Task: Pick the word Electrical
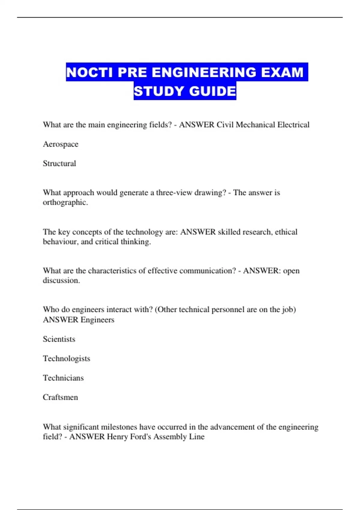tap(293, 125)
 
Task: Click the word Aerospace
tap(61, 144)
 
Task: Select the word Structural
tap(59, 163)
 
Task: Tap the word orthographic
tap(65, 202)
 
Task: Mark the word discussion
tap(61, 280)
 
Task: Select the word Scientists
tap(59, 339)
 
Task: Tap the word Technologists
tap(66, 358)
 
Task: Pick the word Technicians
tap(63, 378)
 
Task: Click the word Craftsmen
tap(60, 397)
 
